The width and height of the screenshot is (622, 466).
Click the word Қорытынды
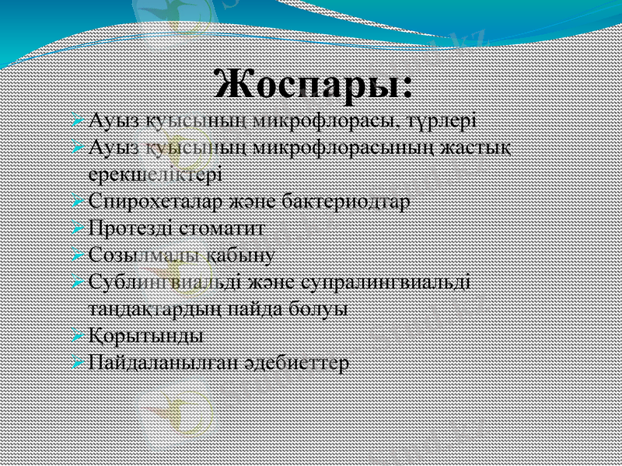tap(147, 336)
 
